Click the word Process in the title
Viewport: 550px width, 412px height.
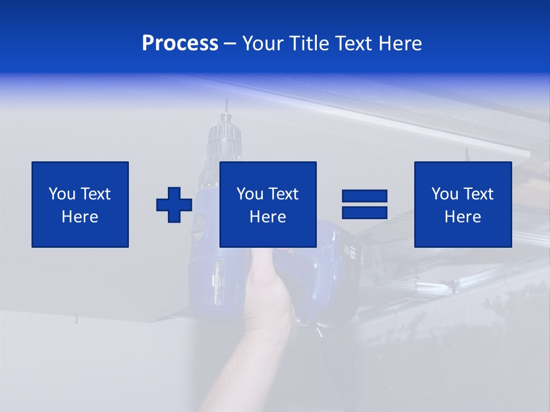click(180, 43)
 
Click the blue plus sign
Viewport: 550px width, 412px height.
click(174, 205)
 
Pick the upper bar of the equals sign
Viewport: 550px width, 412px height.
click(364, 196)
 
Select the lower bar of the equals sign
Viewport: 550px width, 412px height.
click(364, 212)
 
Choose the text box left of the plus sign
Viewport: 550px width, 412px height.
click(80, 204)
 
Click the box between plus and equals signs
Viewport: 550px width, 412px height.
click(268, 204)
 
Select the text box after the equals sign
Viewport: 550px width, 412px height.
click(463, 204)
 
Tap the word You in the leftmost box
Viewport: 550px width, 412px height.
click(61, 194)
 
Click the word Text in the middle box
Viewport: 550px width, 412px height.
click(284, 194)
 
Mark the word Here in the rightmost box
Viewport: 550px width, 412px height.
click(463, 217)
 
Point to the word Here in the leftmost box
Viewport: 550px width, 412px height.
click(80, 217)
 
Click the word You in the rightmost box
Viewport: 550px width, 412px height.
click(444, 194)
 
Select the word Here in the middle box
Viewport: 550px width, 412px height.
click(268, 217)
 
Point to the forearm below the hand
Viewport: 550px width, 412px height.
click(246, 366)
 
